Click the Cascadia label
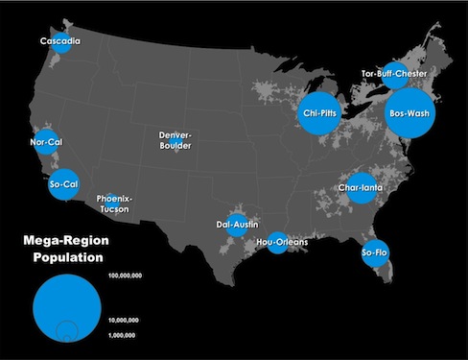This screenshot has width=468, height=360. point(59,42)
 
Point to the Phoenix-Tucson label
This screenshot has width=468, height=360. point(116,204)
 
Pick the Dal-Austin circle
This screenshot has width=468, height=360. point(235,227)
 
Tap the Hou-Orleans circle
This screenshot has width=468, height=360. point(278,243)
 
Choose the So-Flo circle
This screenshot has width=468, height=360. point(375,252)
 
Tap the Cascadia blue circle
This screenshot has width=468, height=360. point(63,45)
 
